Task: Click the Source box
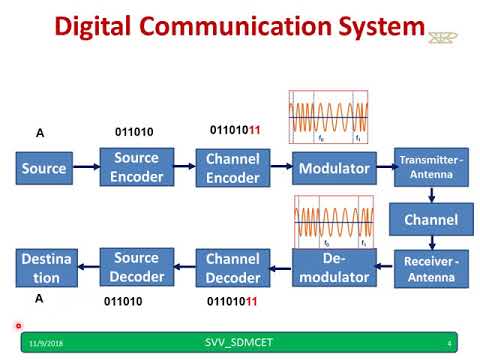(43, 168)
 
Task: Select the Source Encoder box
(136, 168)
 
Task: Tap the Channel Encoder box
(232, 168)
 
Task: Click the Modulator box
(335, 168)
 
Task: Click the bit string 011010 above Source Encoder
(135, 131)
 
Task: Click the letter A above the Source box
(40, 133)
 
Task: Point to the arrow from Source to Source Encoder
(85, 168)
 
